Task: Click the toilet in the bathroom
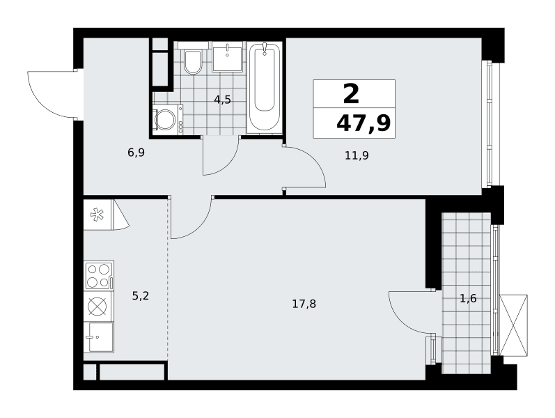click(x=193, y=59)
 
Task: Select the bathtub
click(x=265, y=87)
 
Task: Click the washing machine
click(x=168, y=120)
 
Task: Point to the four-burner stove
click(x=99, y=276)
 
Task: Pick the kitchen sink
click(x=99, y=337)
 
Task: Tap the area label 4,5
click(x=222, y=100)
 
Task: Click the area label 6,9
click(x=136, y=153)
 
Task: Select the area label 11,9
click(x=357, y=155)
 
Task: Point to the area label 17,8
click(x=304, y=304)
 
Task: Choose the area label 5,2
click(x=141, y=296)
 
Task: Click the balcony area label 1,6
click(x=468, y=299)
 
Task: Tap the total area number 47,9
click(x=364, y=123)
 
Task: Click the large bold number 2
click(x=352, y=94)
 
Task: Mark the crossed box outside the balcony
click(x=513, y=325)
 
